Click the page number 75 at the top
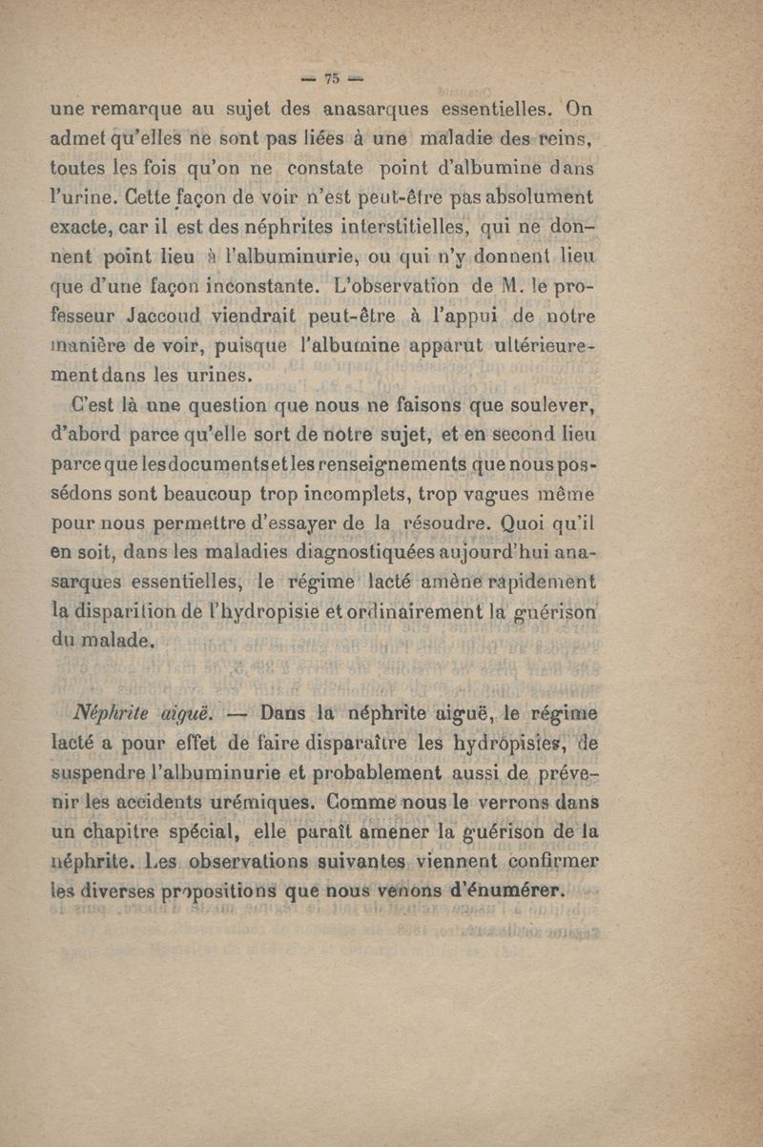pos(333,78)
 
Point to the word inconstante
pos(272,286)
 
